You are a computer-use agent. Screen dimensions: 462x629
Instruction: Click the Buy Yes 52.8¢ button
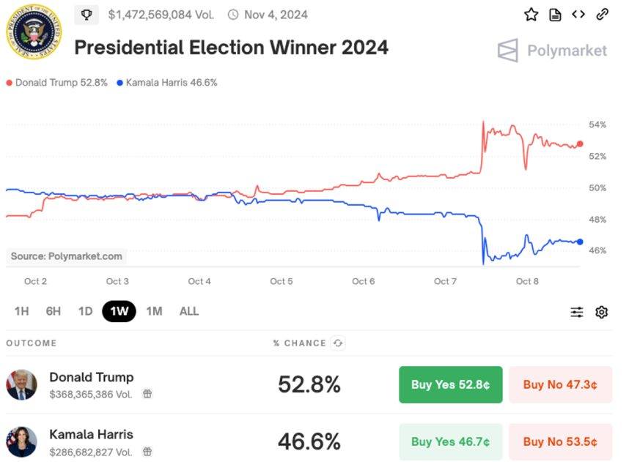(450, 384)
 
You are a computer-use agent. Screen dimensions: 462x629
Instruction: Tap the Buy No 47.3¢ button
(560, 384)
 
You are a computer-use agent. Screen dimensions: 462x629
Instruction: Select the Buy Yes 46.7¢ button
(450, 441)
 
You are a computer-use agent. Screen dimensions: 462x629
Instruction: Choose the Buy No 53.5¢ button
(560, 441)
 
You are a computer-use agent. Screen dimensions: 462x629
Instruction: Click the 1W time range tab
(119, 311)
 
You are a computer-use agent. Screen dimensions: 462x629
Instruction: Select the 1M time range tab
(154, 311)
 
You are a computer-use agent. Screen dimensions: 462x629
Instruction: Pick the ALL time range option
(188, 311)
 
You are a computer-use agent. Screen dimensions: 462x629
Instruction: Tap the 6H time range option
(54, 311)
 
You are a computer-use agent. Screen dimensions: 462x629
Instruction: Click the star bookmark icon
(531, 15)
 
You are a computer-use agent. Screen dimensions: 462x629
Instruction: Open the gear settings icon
(601, 312)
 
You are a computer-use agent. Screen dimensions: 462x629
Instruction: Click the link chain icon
(602, 14)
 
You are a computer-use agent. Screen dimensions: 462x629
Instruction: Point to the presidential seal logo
(34, 31)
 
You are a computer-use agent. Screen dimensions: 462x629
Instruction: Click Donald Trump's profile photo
(21, 384)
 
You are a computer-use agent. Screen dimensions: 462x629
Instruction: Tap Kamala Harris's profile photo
(21, 441)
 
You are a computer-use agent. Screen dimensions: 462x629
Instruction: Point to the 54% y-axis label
(597, 125)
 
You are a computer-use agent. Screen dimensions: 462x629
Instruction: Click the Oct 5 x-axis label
(282, 281)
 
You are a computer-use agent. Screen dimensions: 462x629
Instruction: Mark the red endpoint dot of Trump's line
(580, 144)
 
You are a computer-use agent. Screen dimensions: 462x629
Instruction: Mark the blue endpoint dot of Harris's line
(580, 242)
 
